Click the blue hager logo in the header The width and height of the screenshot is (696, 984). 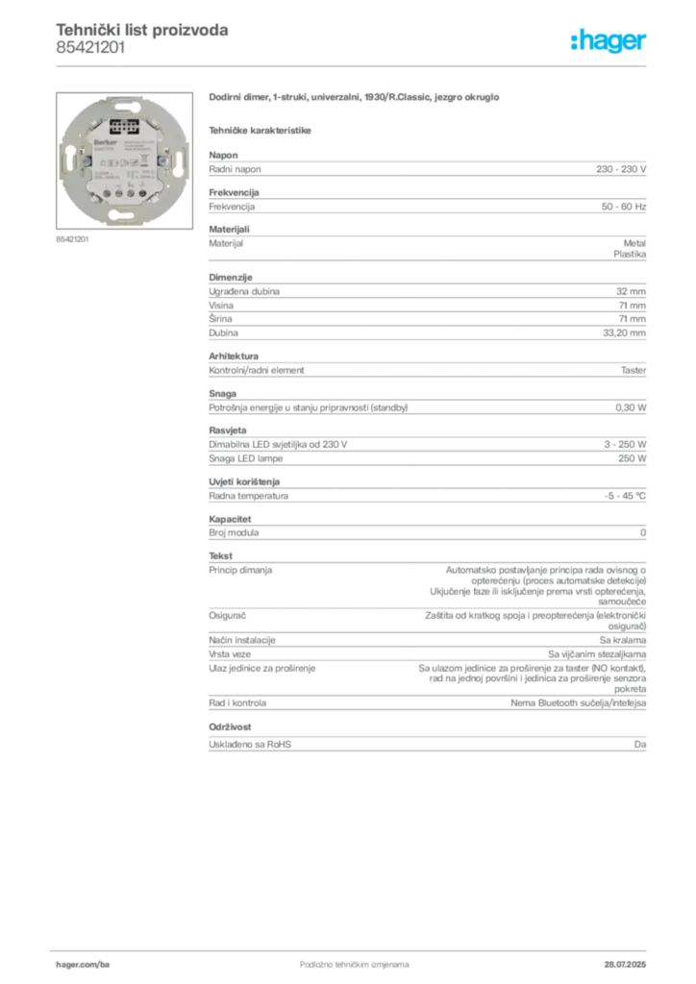coord(609,41)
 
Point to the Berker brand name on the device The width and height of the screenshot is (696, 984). coord(102,139)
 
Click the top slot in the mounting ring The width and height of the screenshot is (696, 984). coord(124,103)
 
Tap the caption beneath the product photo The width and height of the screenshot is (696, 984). coord(72,238)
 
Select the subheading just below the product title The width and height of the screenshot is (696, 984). coord(261,129)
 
